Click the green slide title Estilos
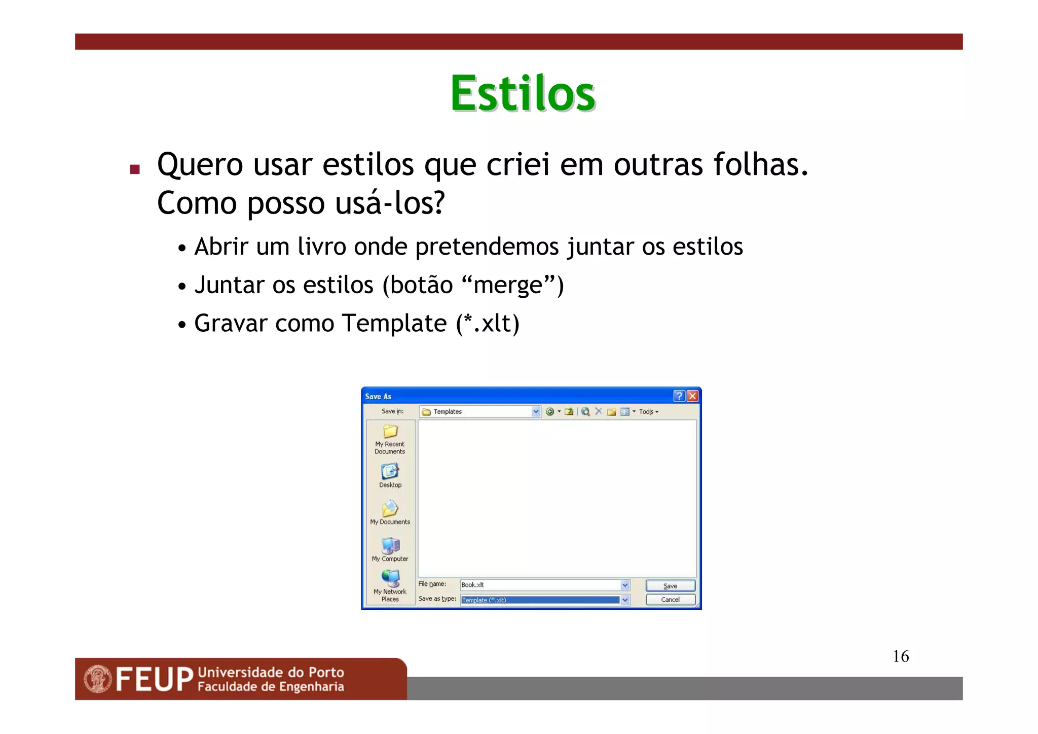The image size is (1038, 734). (x=523, y=94)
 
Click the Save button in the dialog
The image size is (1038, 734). (x=670, y=586)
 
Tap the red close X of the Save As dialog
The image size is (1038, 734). (x=692, y=396)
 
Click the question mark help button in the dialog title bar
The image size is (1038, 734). (x=679, y=396)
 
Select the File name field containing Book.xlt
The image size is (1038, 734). (x=540, y=585)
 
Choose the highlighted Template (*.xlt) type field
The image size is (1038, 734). (x=540, y=600)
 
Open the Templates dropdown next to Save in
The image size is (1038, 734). (x=536, y=412)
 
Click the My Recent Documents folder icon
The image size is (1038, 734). (x=390, y=432)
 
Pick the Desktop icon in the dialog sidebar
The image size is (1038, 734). (x=390, y=472)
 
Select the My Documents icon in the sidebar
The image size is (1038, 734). (x=390, y=508)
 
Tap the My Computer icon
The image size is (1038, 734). (x=390, y=546)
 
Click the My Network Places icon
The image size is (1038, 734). (x=390, y=578)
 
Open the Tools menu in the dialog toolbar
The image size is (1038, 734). (x=648, y=412)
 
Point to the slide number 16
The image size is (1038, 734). (x=901, y=656)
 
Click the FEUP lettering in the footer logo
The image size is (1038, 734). (x=155, y=680)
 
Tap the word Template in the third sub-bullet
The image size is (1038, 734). (x=394, y=324)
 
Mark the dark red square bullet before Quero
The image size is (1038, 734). (x=135, y=169)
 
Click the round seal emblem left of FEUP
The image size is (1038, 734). (x=98, y=679)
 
